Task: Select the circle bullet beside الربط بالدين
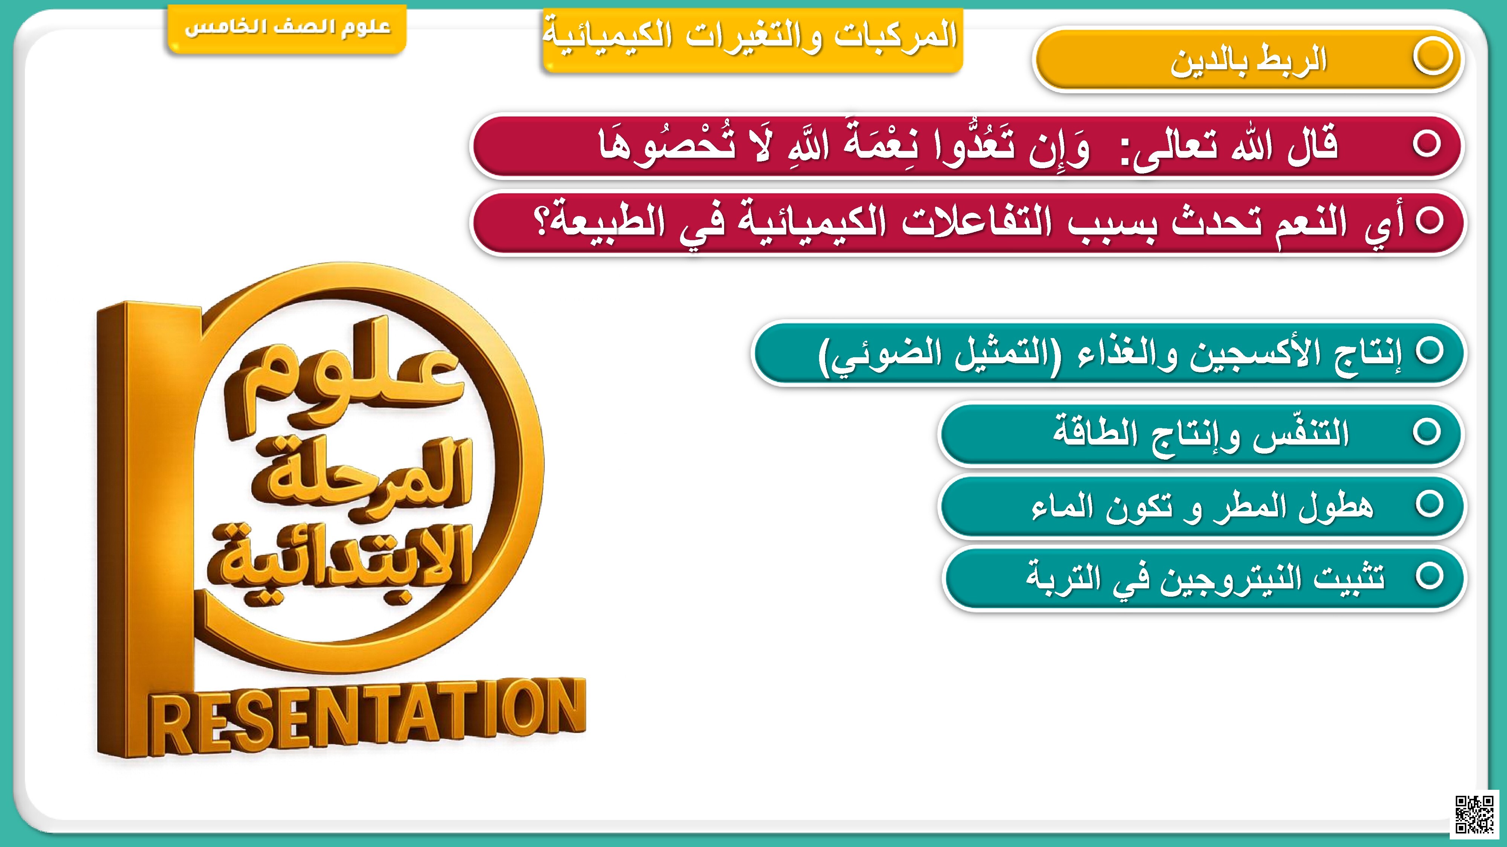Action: pos(1432,57)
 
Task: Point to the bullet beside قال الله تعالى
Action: pos(1426,144)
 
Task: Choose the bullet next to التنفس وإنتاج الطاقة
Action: pos(1426,433)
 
